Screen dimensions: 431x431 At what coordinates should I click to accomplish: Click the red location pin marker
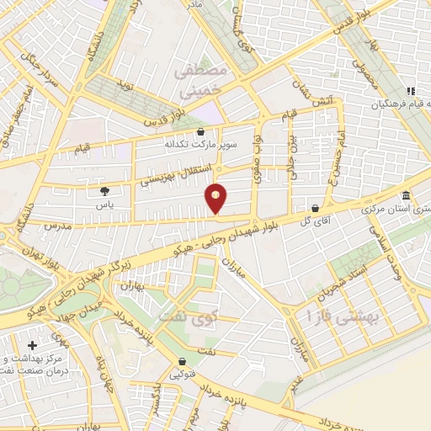pyautogui.click(x=216, y=199)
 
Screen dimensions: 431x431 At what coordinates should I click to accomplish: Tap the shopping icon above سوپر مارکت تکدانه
pyautogui.click(x=200, y=131)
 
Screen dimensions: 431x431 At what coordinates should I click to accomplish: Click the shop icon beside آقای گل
pyautogui.click(x=315, y=207)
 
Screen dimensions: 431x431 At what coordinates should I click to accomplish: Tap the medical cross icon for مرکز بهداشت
pyautogui.click(x=32, y=345)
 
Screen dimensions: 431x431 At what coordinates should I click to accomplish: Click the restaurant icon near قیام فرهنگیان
pyautogui.click(x=410, y=91)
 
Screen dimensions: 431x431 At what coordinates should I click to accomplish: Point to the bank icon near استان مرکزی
pyautogui.click(x=405, y=194)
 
